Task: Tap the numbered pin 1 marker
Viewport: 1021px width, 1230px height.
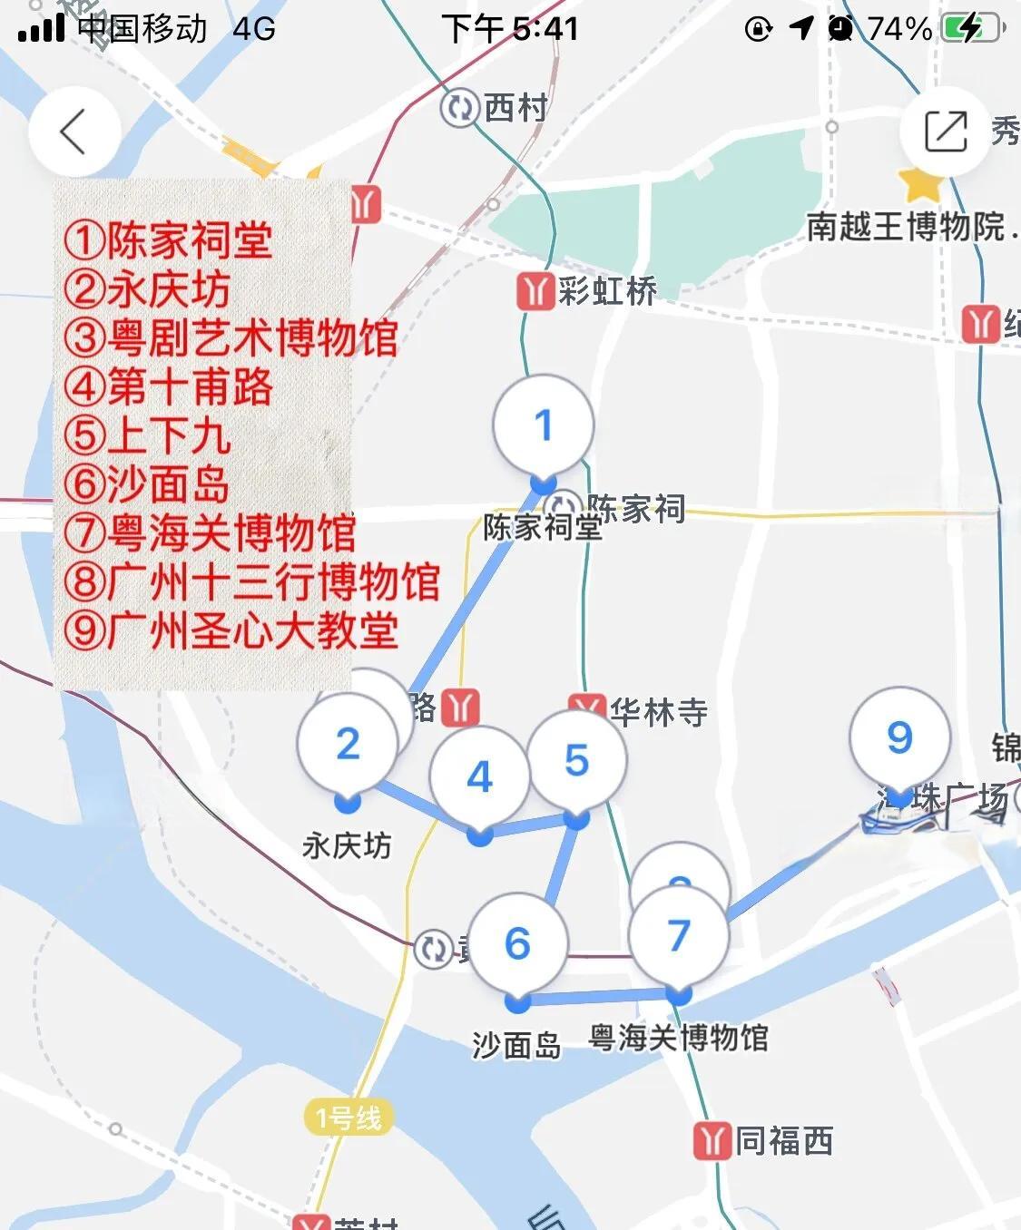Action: pyautogui.click(x=543, y=425)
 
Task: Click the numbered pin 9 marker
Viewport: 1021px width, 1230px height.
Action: pyautogui.click(x=898, y=737)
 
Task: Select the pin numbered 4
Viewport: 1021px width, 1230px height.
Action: pyautogui.click(x=479, y=777)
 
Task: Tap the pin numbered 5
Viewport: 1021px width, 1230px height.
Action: pyautogui.click(x=576, y=761)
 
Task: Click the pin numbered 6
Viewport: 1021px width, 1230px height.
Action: pyautogui.click(x=517, y=944)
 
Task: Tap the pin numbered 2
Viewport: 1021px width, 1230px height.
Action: pyautogui.click(x=348, y=745)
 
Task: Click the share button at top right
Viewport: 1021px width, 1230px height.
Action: pyautogui.click(x=945, y=132)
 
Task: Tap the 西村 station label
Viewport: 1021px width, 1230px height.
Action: pyautogui.click(x=515, y=108)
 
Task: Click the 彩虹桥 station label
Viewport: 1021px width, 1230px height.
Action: pyautogui.click(x=606, y=291)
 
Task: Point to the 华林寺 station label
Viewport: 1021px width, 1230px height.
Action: pyautogui.click(x=658, y=712)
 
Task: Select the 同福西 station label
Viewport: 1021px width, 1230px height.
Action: pyautogui.click(x=782, y=1141)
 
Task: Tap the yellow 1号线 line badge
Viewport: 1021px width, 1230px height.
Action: pyautogui.click(x=349, y=1118)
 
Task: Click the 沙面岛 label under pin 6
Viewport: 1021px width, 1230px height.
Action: pyautogui.click(x=516, y=1045)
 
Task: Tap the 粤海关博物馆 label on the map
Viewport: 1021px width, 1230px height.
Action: pyautogui.click(x=678, y=1038)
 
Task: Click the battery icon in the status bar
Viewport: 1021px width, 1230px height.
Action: pyautogui.click(x=971, y=29)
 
